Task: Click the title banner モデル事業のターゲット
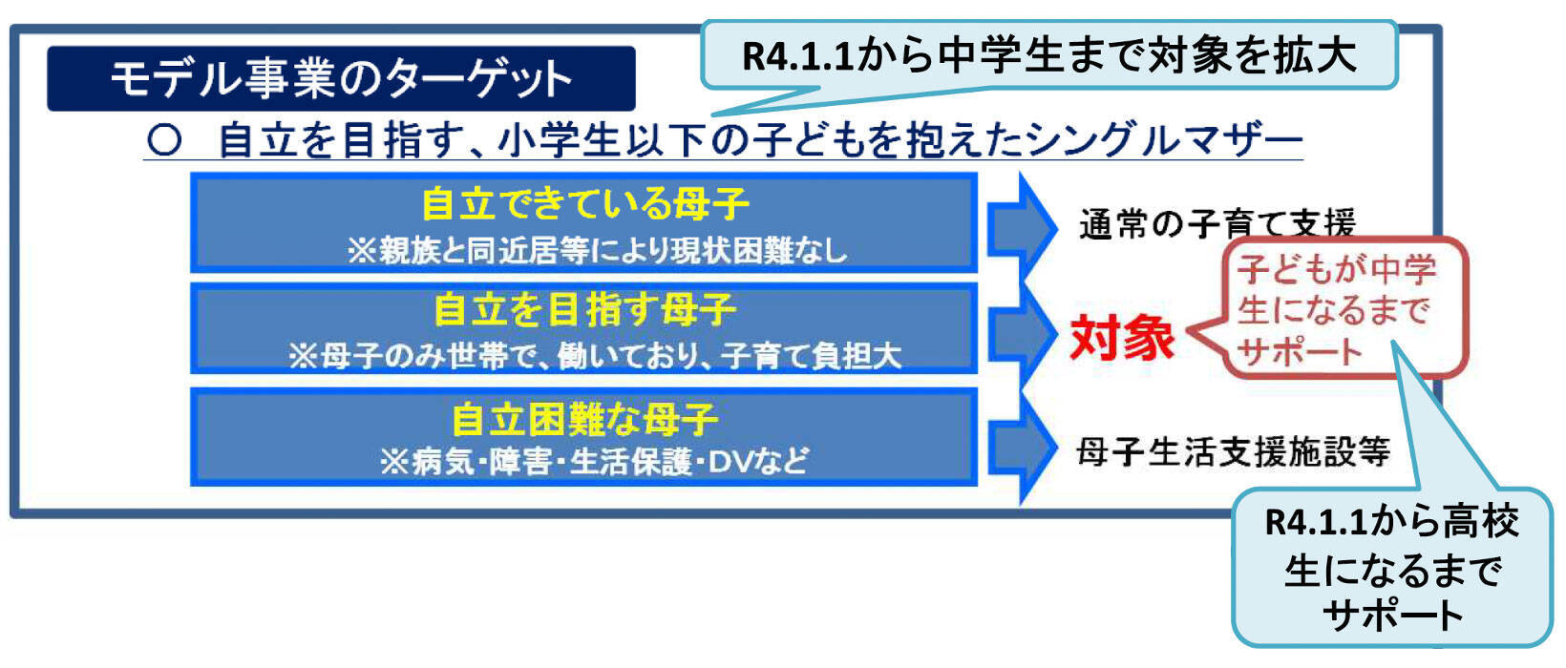click(x=341, y=78)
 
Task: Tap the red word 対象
click(x=1121, y=338)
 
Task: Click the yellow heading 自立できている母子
click(x=584, y=204)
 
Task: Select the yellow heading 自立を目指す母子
click(x=584, y=310)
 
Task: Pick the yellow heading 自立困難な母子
click(x=584, y=419)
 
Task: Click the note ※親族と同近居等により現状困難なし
click(x=597, y=251)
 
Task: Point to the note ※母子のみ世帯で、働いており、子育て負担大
click(x=594, y=356)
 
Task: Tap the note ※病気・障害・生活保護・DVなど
click(x=592, y=462)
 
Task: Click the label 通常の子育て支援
click(x=1217, y=224)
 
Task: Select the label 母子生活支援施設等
click(x=1232, y=450)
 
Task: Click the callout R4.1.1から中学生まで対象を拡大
click(x=1048, y=55)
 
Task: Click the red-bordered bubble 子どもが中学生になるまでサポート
click(x=1339, y=309)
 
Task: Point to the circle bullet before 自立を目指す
click(x=164, y=140)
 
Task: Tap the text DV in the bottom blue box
click(x=732, y=462)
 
